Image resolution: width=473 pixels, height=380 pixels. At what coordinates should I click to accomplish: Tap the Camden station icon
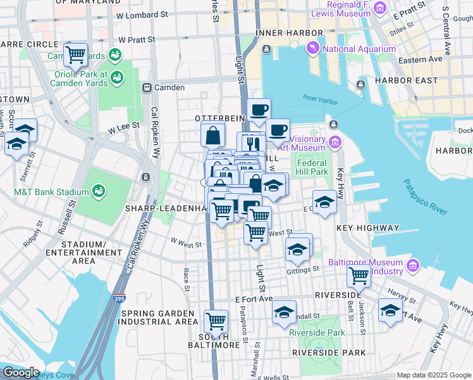tap(147, 87)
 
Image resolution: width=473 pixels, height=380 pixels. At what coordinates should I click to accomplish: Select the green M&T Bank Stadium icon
tap(99, 190)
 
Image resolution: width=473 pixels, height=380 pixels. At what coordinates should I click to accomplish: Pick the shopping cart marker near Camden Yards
tap(76, 54)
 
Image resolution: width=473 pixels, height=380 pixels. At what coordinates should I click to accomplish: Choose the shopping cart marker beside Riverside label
tap(359, 275)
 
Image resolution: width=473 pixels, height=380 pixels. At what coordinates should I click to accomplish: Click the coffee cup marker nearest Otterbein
tap(258, 111)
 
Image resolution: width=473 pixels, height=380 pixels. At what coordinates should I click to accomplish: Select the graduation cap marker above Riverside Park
tap(285, 312)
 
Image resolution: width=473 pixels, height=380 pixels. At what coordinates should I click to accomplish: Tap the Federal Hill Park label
tap(312, 167)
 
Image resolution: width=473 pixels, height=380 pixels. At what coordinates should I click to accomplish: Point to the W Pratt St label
tap(133, 39)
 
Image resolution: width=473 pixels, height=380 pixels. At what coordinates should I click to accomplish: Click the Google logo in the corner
tap(21, 372)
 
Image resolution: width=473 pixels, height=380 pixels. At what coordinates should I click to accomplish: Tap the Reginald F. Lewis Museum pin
tap(380, 7)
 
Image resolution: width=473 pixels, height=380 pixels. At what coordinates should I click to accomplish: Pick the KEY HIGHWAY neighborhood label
tap(368, 228)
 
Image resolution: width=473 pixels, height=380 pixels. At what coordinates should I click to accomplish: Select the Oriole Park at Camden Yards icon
tap(116, 77)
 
